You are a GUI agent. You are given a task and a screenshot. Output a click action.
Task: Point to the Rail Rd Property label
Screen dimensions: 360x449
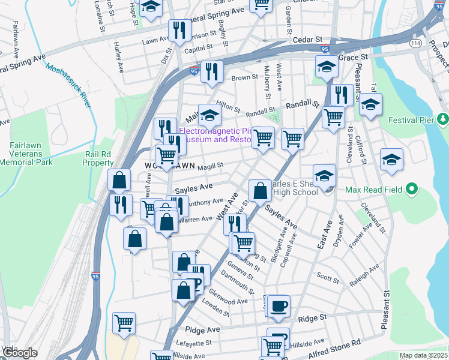click(x=98, y=158)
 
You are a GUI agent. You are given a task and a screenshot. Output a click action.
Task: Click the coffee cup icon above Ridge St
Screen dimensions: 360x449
click(x=279, y=307)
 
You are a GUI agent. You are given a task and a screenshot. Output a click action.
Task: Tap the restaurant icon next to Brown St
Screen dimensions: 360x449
click(x=211, y=72)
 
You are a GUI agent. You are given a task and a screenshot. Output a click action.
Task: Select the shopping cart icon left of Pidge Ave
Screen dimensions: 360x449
click(x=124, y=323)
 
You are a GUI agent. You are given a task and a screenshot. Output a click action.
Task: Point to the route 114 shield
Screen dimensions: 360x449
click(x=415, y=43)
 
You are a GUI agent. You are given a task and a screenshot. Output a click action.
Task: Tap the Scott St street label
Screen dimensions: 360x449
click(x=328, y=277)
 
